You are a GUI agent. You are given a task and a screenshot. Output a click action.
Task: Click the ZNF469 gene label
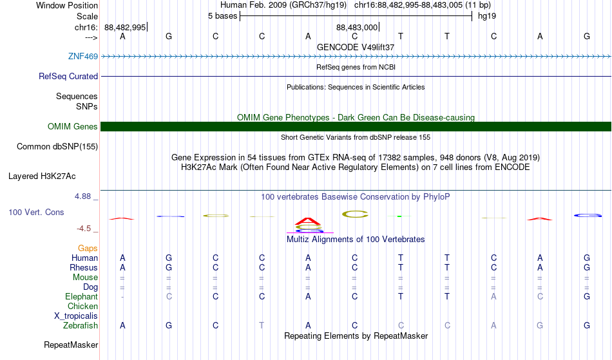pyautogui.click(x=82, y=56)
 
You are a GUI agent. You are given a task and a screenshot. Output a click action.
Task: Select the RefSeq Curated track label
pyautogui.click(x=68, y=76)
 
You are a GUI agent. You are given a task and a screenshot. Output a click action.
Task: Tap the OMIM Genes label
pyautogui.click(x=72, y=126)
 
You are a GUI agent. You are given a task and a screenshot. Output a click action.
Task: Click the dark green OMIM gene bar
pyautogui.click(x=356, y=126)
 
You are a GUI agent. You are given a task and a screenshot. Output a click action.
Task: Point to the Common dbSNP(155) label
pyautogui.click(x=57, y=146)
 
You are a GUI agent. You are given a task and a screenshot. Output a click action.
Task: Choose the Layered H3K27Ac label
pyautogui.click(x=42, y=176)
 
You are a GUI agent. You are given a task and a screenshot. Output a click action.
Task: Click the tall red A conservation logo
pyautogui.click(x=308, y=222)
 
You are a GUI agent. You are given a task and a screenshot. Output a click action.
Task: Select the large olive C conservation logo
pyautogui.click(x=355, y=214)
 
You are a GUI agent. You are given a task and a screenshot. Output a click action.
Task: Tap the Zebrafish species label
pyautogui.click(x=81, y=325)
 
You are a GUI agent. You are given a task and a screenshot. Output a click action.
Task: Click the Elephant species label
pyautogui.click(x=81, y=296)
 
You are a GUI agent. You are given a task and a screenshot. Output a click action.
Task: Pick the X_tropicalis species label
pyautogui.click(x=76, y=316)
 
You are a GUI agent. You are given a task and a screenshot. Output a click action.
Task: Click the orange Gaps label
pyautogui.click(x=88, y=248)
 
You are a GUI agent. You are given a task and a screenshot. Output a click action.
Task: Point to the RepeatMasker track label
pyautogui.click(x=71, y=345)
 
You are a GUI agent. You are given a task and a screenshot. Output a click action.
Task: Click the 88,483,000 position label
pyautogui.click(x=357, y=27)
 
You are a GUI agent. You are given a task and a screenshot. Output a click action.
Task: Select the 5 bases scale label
pyautogui.click(x=222, y=16)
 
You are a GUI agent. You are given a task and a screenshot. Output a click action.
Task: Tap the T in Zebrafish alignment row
pyautogui.click(x=262, y=325)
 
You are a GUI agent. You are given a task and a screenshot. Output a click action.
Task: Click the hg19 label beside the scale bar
pyautogui.click(x=487, y=16)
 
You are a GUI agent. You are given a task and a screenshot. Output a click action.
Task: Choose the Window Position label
pyautogui.click(x=67, y=5)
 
